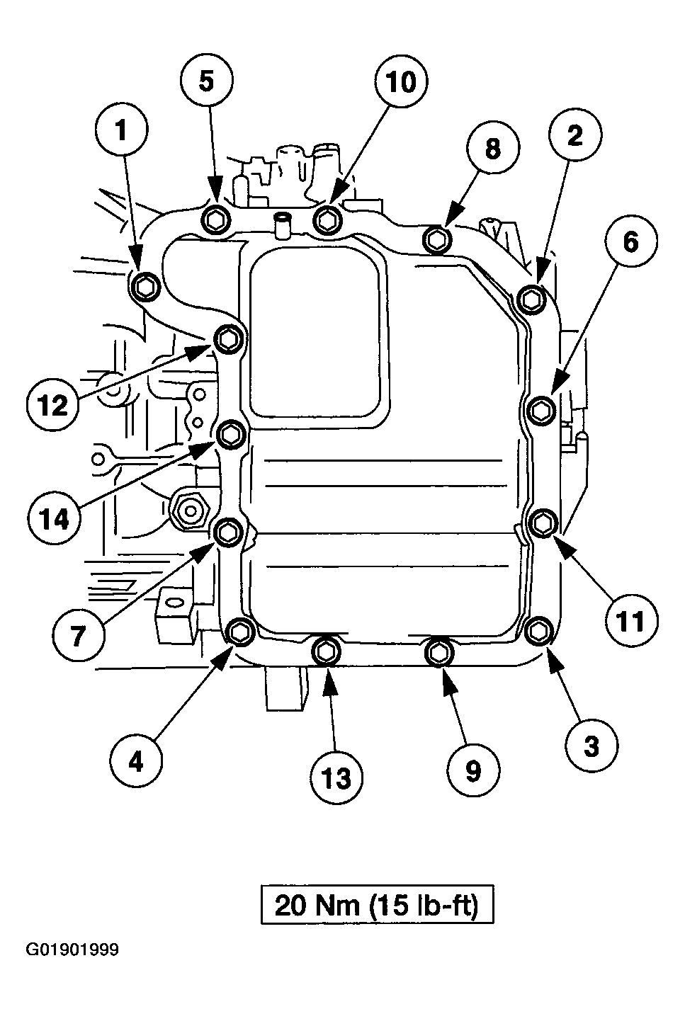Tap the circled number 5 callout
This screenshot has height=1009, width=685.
coord(207,81)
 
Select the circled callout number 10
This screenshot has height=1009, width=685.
coord(402,81)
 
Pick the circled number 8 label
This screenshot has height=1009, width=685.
coord(493,148)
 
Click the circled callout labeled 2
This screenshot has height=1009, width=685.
coord(575,135)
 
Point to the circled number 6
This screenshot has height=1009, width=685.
coord(631,241)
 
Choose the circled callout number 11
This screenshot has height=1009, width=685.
coord(631,621)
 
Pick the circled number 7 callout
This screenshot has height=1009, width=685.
coord(78,636)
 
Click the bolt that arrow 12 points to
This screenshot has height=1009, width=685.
coord(230,339)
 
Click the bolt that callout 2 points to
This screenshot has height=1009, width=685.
coord(532,298)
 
